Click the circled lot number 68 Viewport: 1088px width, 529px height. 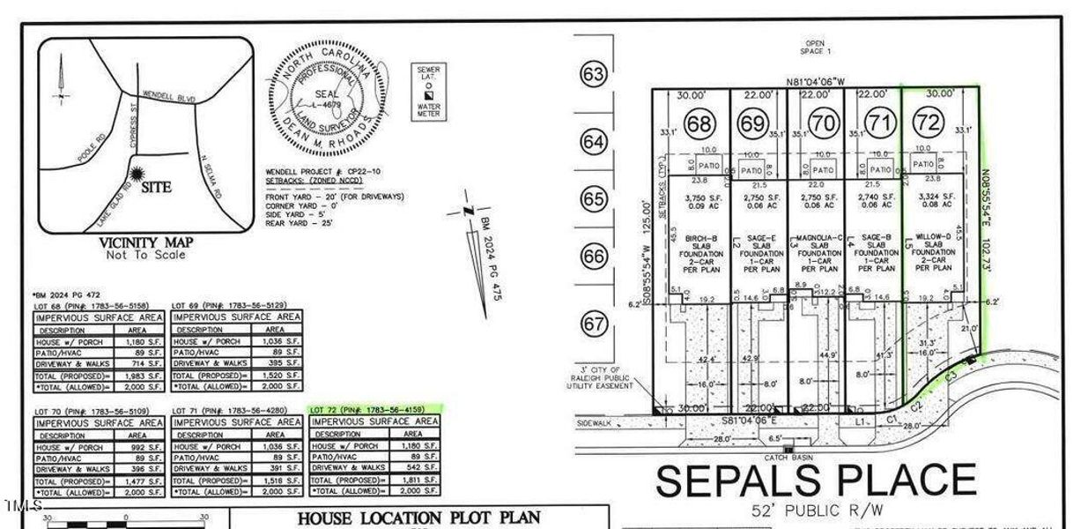coord(699,124)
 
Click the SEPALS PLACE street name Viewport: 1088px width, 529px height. coord(816,481)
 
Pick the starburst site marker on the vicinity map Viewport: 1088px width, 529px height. coord(137,175)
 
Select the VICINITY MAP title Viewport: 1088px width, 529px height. coord(144,242)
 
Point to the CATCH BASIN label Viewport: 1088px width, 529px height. coord(788,458)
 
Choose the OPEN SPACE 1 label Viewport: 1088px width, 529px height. coord(814,48)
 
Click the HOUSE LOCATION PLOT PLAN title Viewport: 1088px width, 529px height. coord(418,518)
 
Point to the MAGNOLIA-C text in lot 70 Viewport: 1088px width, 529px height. coord(816,237)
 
